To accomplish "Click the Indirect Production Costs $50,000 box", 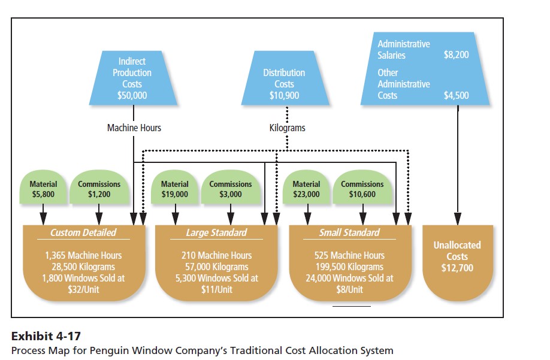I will pos(132,78).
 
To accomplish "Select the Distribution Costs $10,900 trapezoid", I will pos(284,83).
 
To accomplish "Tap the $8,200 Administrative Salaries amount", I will pos(456,55).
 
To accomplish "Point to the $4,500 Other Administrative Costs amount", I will pos(456,95).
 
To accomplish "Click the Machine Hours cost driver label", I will pos(134,128).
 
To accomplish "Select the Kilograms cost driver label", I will pos(288,128).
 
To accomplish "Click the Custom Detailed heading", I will pos(83,232).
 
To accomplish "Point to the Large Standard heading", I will pos(216,232).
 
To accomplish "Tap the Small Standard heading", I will pos(349,232).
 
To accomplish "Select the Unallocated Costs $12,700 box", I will pos(457,256).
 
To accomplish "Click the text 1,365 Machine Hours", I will pos(83,255).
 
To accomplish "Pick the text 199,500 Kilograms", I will pos(349,267).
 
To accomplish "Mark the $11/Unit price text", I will pos(216,289).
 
